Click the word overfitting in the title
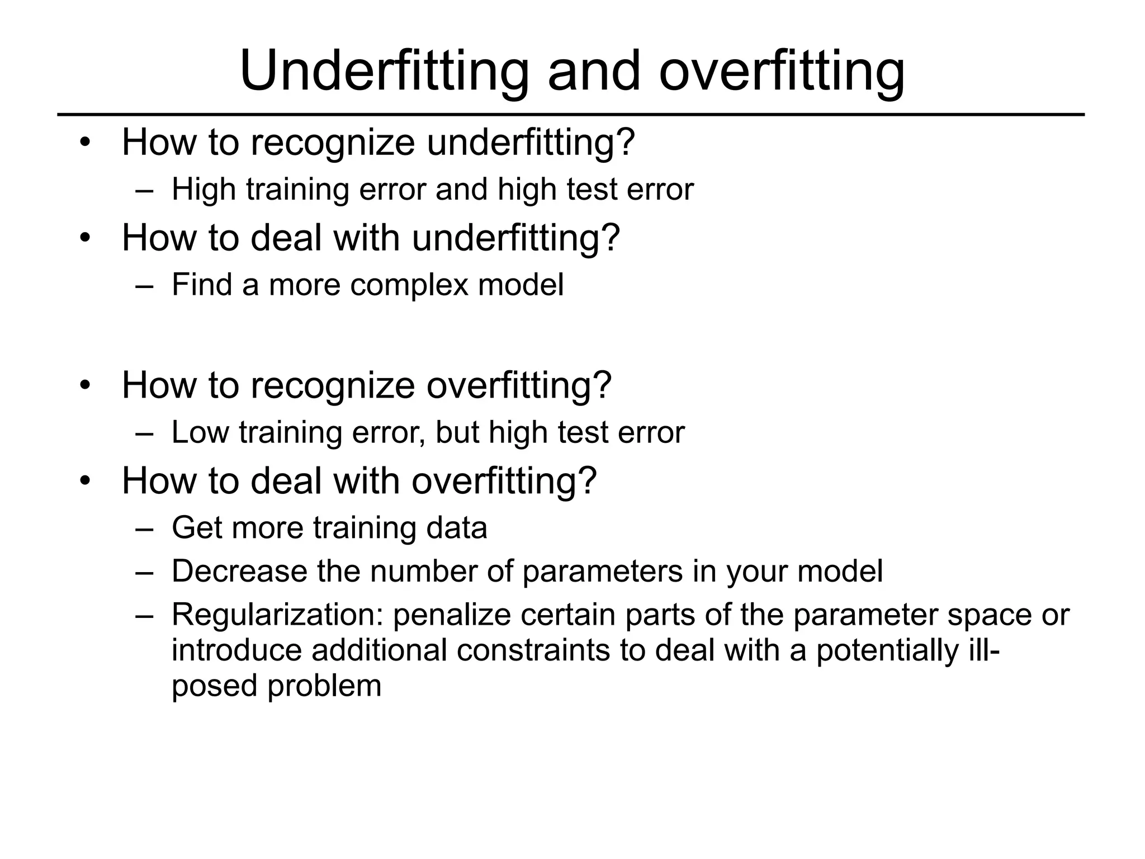point(782,72)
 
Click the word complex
point(409,286)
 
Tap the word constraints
point(533,650)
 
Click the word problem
point(324,687)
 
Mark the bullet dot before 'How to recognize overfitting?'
point(85,385)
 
